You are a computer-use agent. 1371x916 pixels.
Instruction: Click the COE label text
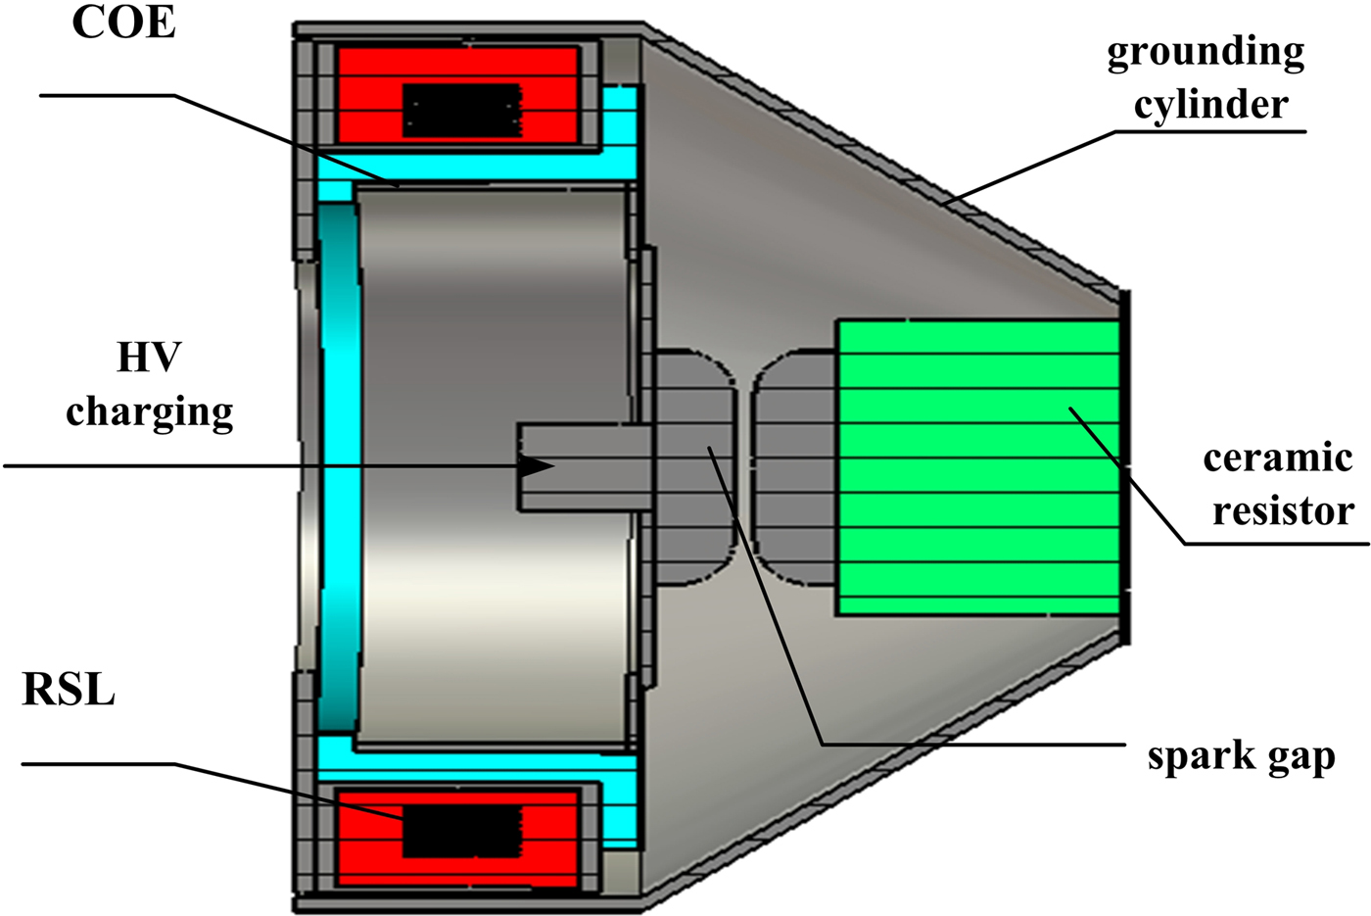[123, 23]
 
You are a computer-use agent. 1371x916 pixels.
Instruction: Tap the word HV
[149, 358]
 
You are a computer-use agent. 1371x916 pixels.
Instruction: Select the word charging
[149, 412]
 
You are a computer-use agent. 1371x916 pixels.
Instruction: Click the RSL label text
[69, 690]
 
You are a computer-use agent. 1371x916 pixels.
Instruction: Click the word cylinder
[1210, 105]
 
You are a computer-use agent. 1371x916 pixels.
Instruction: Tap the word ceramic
[1277, 458]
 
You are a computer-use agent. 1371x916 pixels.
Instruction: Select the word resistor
[1283, 510]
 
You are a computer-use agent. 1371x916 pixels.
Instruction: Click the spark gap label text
[1241, 755]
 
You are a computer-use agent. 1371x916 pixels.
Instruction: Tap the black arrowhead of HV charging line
[537, 466]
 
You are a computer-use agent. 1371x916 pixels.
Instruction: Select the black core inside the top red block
[462, 109]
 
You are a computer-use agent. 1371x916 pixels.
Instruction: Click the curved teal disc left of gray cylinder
[339, 467]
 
